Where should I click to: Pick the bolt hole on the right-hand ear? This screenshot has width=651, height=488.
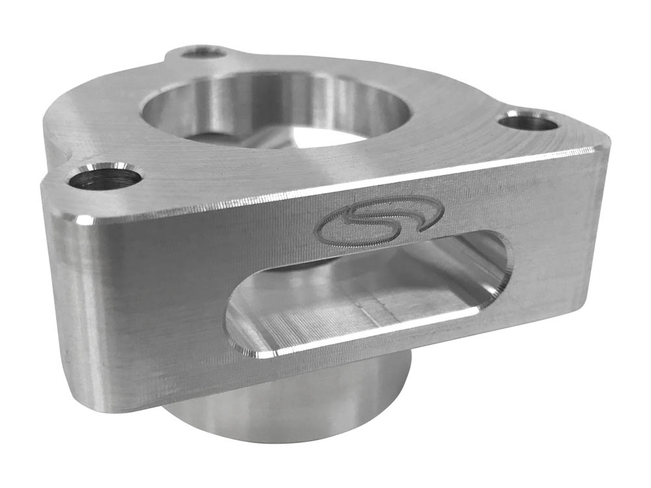point(529,121)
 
